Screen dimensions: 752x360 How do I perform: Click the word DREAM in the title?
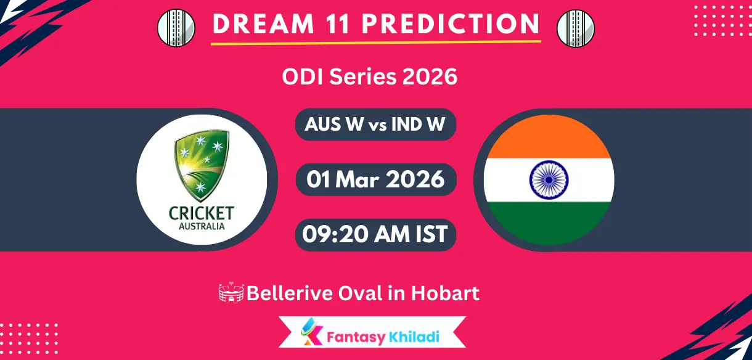tap(264, 24)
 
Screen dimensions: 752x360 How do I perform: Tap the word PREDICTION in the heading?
tap(451, 24)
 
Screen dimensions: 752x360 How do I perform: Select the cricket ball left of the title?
tap(176, 28)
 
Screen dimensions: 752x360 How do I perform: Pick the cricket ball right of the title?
tap(576, 28)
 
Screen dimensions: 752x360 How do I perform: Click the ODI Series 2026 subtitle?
tap(370, 76)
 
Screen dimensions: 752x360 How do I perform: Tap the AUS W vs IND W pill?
tap(375, 125)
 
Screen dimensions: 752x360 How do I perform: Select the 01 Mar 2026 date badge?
tap(375, 179)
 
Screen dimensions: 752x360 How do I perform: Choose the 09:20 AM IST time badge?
tap(375, 234)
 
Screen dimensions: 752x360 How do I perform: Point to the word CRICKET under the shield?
tap(202, 213)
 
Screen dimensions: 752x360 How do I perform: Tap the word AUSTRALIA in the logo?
tap(202, 226)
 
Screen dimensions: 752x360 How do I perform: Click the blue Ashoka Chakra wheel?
tap(549, 180)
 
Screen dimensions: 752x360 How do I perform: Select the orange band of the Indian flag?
tap(549, 137)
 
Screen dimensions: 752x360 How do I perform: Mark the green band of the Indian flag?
tap(549, 223)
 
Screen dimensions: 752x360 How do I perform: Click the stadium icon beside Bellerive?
tap(231, 293)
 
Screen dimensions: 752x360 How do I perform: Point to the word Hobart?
tap(445, 293)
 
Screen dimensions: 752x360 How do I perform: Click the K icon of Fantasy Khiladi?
tap(311, 332)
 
